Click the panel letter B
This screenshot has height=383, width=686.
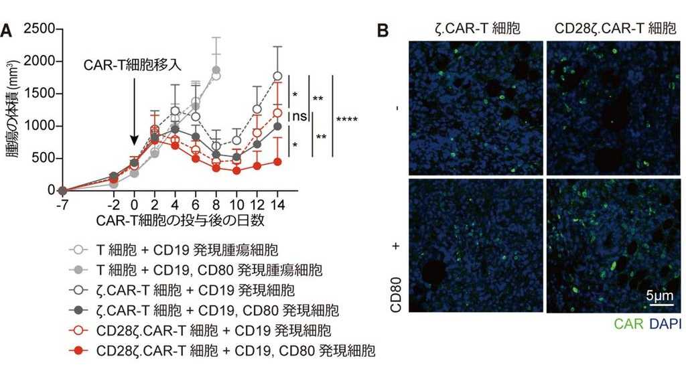[x=383, y=31]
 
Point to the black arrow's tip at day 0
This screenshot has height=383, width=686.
[x=134, y=144]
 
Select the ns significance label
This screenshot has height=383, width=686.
[x=299, y=117]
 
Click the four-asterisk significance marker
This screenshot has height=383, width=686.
[x=347, y=120]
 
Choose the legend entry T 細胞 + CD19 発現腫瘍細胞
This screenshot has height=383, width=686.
[x=181, y=250]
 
